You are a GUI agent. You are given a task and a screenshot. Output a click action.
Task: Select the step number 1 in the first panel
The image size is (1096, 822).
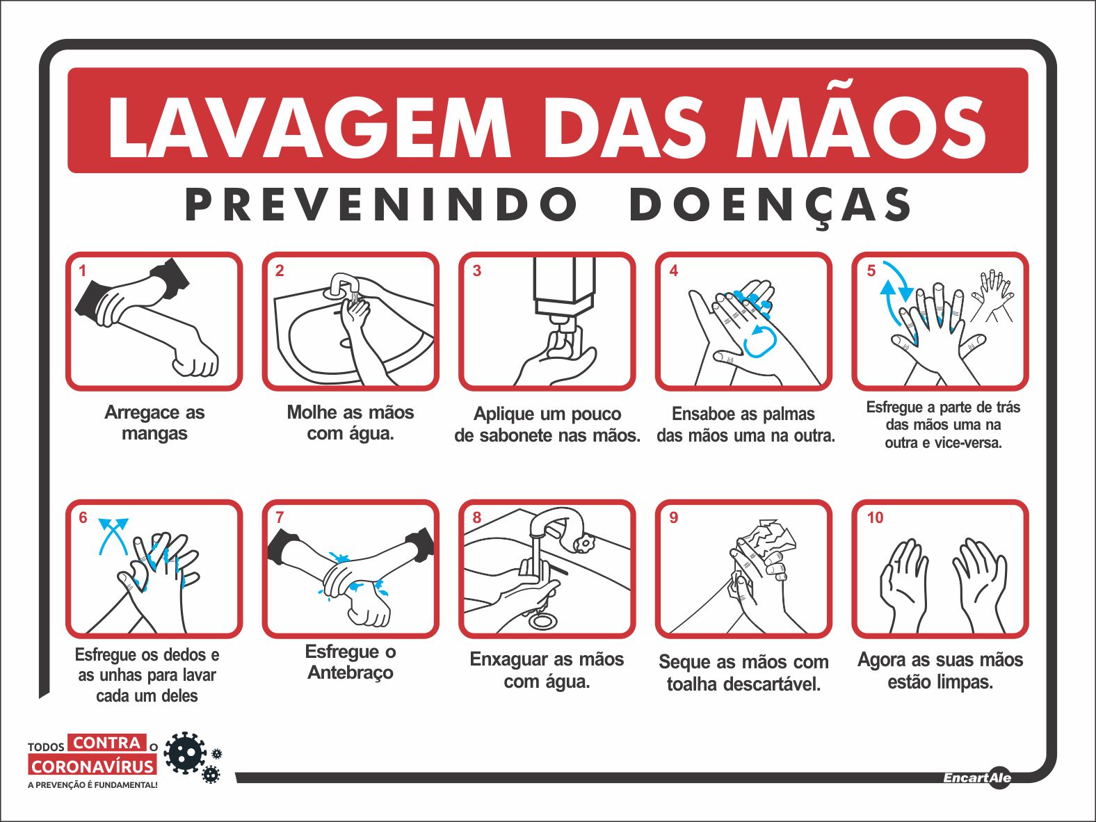click(82, 271)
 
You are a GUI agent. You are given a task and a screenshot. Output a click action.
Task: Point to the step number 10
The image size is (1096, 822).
click(875, 517)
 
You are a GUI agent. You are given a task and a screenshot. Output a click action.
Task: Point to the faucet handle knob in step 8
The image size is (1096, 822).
click(583, 542)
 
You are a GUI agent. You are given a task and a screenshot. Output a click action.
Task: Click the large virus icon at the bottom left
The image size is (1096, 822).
click(184, 752)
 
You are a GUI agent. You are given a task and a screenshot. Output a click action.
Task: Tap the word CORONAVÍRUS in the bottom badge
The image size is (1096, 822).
click(92, 766)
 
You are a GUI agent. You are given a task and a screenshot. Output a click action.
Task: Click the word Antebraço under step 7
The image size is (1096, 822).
click(350, 672)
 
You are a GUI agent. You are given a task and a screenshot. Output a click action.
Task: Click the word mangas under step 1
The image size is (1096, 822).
click(155, 434)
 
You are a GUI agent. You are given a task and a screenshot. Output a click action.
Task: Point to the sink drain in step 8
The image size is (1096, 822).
click(543, 621)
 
